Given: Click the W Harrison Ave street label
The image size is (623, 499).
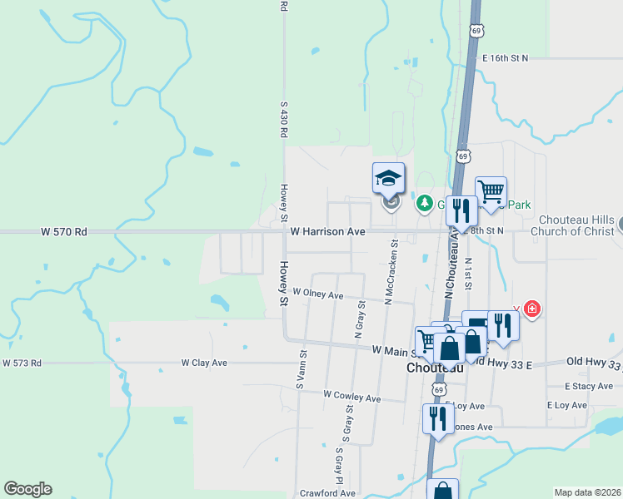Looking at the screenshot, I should [x=327, y=231].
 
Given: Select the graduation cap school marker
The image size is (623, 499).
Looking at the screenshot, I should [x=388, y=177].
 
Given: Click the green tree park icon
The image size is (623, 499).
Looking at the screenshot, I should [x=425, y=203].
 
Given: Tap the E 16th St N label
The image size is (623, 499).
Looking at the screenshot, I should [x=506, y=57].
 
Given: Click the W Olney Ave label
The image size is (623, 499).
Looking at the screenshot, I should [x=317, y=294].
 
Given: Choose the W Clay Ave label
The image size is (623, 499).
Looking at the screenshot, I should [x=205, y=363].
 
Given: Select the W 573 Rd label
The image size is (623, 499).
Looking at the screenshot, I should [x=22, y=363].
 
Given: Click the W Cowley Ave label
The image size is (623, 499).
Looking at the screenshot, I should [x=351, y=397].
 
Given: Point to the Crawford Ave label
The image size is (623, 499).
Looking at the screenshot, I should [x=328, y=493].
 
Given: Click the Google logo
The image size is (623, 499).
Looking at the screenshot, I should [x=27, y=488].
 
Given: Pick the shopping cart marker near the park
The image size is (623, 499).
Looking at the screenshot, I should [x=491, y=192].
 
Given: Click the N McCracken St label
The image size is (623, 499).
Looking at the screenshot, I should [x=388, y=272].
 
